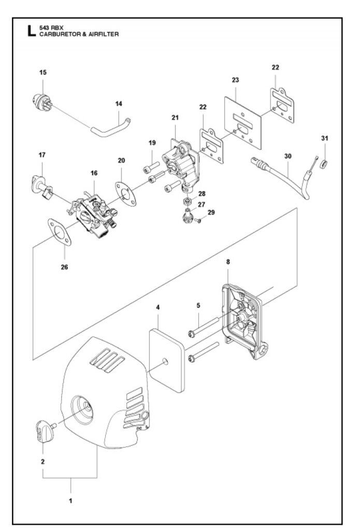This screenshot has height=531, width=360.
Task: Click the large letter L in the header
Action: (x=32, y=31)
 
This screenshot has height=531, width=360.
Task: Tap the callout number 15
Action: (x=43, y=73)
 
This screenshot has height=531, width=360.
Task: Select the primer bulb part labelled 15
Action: (x=42, y=102)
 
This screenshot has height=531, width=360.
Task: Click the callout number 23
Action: (x=236, y=80)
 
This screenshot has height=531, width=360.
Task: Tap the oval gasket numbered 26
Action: (x=60, y=232)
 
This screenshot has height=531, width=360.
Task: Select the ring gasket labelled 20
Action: (x=125, y=194)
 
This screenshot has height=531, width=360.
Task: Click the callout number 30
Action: (x=288, y=156)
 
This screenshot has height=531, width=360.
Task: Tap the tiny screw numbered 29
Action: (x=198, y=220)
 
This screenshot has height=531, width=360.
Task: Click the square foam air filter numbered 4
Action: (x=167, y=361)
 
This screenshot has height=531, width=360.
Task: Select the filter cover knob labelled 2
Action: (x=45, y=430)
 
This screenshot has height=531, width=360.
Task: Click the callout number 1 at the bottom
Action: (x=70, y=500)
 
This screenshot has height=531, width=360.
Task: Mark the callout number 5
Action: (x=198, y=305)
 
